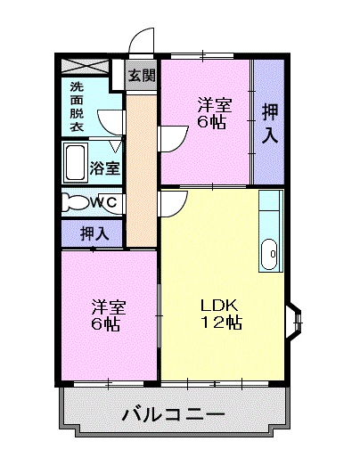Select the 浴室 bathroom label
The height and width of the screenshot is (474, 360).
106,167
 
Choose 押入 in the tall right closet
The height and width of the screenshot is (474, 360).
268,121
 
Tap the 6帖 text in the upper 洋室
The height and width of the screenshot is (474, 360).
211,121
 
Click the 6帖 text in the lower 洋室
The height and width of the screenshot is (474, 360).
107,323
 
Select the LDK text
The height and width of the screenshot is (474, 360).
218,305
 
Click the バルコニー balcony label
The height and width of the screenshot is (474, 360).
173,414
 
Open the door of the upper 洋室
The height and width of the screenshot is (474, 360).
172,136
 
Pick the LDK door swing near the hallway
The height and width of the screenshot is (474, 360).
171,203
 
